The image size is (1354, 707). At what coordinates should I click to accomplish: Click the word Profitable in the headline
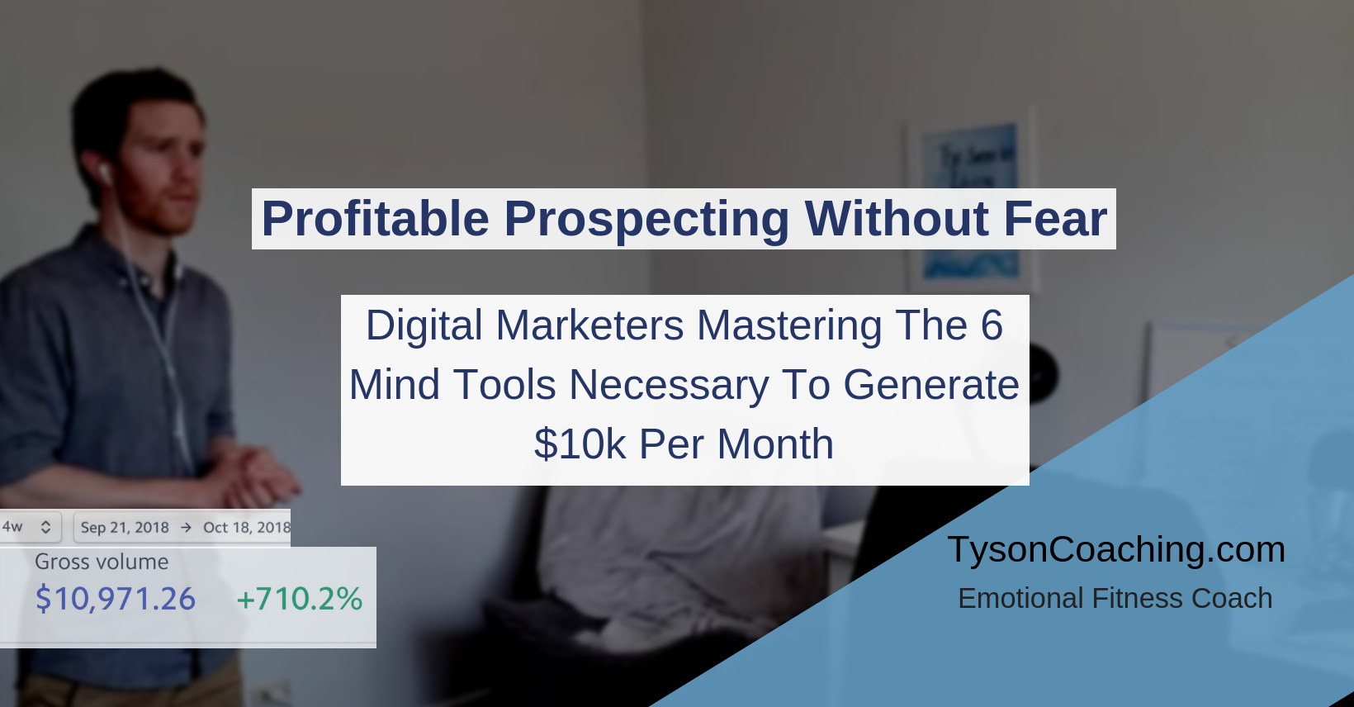click(x=376, y=218)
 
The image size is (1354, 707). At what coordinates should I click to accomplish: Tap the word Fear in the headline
click(x=1055, y=218)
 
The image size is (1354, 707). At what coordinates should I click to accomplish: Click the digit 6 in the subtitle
click(x=992, y=325)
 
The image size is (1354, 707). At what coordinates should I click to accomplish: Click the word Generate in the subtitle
click(x=931, y=385)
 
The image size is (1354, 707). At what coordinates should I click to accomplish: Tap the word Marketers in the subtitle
click(x=589, y=325)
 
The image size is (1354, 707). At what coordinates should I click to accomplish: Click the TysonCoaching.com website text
click(x=1116, y=549)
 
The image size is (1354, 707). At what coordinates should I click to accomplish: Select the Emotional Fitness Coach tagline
click(x=1115, y=599)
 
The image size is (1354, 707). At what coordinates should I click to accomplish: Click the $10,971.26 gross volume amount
click(x=116, y=599)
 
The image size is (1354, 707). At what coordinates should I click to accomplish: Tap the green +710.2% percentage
click(x=299, y=599)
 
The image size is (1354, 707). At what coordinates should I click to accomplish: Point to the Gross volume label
click(x=102, y=562)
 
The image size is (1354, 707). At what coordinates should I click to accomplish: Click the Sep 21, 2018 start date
click(x=125, y=528)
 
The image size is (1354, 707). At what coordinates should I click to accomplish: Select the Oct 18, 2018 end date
click(x=247, y=528)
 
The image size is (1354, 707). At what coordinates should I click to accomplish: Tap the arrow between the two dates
click(x=187, y=528)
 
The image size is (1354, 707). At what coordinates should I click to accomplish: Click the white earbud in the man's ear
click(x=106, y=174)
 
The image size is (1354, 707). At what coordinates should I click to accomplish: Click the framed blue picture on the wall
click(x=971, y=200)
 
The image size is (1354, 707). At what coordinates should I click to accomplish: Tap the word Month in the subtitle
click(x=775, y=444)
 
